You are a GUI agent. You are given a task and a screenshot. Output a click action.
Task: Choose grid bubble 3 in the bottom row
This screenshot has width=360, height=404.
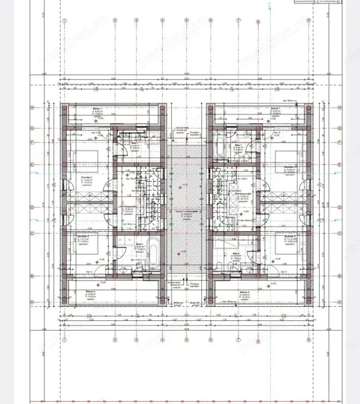(136, 340)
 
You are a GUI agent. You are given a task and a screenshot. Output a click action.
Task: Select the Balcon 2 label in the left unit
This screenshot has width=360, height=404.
(90, 292)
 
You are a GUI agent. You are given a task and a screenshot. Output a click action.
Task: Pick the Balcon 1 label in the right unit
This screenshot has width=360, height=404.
(275, 108)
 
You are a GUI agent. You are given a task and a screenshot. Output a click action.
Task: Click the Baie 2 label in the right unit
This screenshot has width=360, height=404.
(236, 253)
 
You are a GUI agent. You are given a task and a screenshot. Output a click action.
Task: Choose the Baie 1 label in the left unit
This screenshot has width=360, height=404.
(135, 144)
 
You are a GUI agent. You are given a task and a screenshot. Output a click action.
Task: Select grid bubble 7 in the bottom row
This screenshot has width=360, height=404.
(238, 340)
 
